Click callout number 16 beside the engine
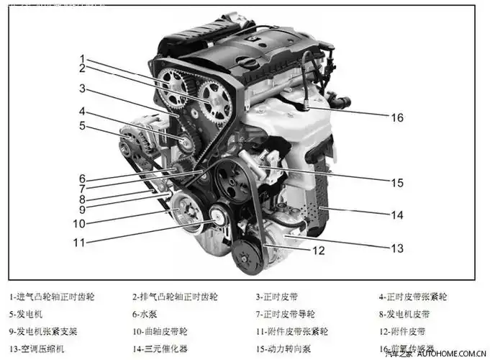coord(397,117)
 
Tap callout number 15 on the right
coord(397,183)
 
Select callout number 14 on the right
coord(397,215)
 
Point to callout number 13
coord(397,248)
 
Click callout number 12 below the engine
coord(318,251)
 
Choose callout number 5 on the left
coord(82,125)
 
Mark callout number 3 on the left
coord(82,89)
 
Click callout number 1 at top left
coord(82,58)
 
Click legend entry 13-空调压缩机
coord(36,350)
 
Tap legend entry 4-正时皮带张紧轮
coord(414,296)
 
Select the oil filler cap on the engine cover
coord(248,63)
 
